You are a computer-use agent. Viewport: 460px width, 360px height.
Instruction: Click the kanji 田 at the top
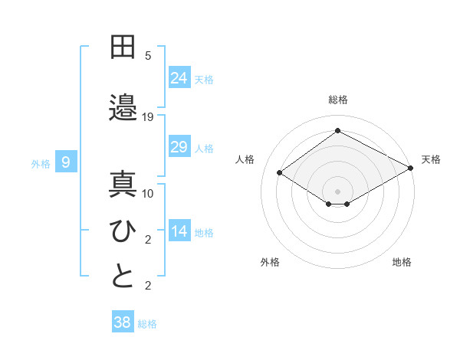[x=123, y=47]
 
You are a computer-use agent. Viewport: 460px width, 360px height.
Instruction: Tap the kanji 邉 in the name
[x=123, y=106]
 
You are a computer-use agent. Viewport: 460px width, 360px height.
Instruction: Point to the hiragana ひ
[x=123, y=231]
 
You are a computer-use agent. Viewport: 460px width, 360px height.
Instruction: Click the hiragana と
[x=123, y=277]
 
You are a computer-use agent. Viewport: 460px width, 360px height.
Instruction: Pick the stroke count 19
[x=148, y=117]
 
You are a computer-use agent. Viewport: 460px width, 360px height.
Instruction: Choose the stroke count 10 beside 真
[x=148, y=194]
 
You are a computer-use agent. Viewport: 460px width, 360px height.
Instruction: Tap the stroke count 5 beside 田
[x=148, y=56]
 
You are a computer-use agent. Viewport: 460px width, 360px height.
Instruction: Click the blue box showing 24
[x=179, y=77]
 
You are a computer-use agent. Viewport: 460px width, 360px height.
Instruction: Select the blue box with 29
[x=179, y=147]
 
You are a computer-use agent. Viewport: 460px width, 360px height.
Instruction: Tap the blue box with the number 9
[x=66, y=162]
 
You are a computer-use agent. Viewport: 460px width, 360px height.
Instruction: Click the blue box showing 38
[x=122, y=322]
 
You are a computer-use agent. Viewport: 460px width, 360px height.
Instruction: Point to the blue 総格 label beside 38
[x=147, y=324]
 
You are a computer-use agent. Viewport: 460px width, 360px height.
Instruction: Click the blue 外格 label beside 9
[x=41, y=163]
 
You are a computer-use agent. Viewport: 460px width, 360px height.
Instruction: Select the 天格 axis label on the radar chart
[x=431, y=159]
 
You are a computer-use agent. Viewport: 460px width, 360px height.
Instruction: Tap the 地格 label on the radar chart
[x=402, y=262]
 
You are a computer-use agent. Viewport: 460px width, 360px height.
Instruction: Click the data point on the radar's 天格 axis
[x=410, y=169]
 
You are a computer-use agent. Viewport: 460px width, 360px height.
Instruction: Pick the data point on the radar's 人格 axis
[x=280, y=173]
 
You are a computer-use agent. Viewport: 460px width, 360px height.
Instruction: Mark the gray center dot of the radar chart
[x=337, y=190]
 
